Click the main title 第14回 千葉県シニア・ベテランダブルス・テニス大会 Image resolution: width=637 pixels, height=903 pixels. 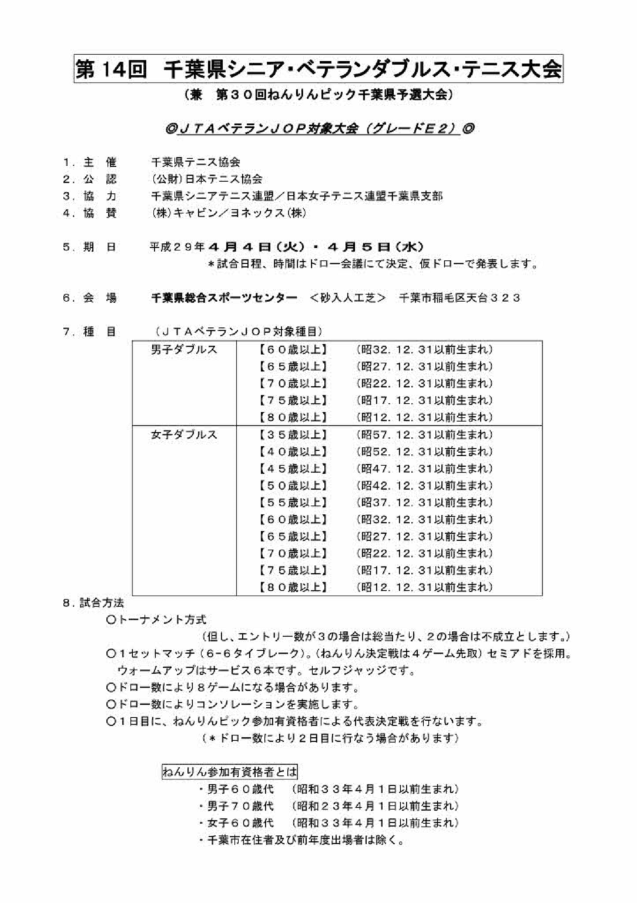click(318, 69)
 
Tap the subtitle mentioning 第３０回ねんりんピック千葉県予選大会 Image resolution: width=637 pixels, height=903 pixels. click(318, 95)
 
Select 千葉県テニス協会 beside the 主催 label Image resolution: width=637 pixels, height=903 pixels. click(195, 162)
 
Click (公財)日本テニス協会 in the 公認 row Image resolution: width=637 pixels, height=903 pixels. click(206, 179)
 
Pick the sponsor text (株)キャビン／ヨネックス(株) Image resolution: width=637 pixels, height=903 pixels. click(229, 213)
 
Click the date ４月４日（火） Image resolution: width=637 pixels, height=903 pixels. click(257, 248)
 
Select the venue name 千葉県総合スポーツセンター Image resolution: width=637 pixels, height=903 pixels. click(224, 298)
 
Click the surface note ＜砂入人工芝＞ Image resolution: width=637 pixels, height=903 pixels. click(347, 298)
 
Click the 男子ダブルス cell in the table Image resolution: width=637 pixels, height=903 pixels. click(184, 350)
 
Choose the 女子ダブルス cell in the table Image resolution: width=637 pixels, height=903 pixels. click(184, 435)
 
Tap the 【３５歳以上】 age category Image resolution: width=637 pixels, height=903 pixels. click(292, 435)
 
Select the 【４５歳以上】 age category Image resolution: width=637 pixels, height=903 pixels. click(292, 469)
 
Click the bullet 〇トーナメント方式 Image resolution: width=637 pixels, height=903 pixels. click(156, 620)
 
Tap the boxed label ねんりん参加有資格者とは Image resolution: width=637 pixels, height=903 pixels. click(229, 771)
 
